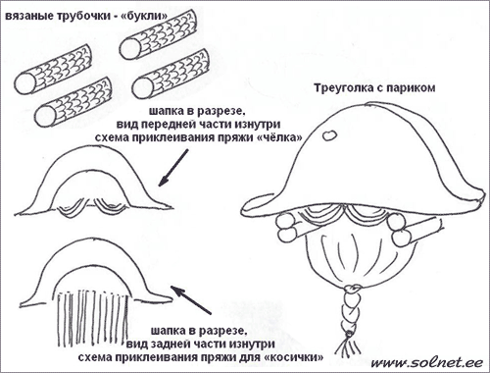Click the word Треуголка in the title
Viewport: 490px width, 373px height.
pyautogui.click(x=345, y=88)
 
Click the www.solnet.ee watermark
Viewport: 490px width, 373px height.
pyautogui.click(x=426, y=362)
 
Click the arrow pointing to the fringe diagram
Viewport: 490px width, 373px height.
pyautogui.click(x=173, y=168)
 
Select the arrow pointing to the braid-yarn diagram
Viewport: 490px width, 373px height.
pyautogui.click(x=191, y=300)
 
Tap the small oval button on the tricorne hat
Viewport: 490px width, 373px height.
pyautogui.click(x=329, y=134)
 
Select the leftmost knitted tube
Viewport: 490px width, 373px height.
pyautogui.click(x=53, y=70)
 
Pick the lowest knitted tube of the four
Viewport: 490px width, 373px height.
pyautogui.click(x=73, y=102)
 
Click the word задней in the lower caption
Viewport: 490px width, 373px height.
pyautogui.click(x=177, y=344)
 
